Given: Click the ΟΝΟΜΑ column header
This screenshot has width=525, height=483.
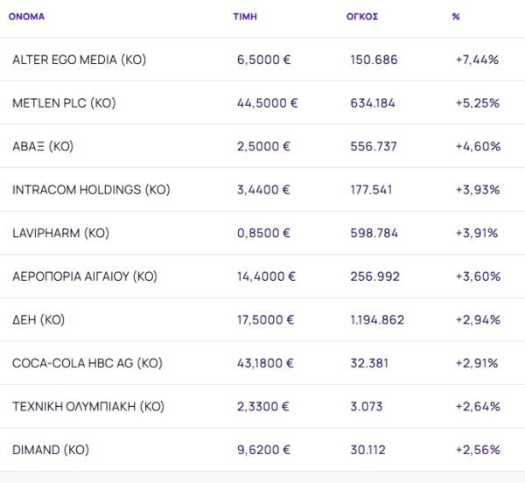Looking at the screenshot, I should tap(26, 17).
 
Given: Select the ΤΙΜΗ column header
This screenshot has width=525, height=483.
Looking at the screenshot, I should tap(245, 17).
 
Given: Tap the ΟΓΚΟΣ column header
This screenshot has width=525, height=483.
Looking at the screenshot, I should tap(362, 17).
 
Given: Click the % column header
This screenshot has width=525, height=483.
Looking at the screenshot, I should tap(456, 17).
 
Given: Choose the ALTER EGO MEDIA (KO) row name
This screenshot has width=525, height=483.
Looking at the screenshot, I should tap(79, 59).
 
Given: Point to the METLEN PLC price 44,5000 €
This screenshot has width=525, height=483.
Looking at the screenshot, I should tap(267, 103).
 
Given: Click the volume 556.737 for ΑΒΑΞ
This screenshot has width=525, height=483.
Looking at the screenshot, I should tap(374, 146).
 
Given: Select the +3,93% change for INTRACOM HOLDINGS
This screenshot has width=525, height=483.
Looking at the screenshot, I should tap(477, 190).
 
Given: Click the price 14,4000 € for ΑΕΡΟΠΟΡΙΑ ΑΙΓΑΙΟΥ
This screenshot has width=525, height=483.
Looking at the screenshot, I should tap(266, 276).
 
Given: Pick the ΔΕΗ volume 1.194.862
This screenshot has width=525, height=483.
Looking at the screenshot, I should tap(377, 319).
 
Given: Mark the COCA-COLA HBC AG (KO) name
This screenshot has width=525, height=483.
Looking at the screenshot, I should tap(87, 363).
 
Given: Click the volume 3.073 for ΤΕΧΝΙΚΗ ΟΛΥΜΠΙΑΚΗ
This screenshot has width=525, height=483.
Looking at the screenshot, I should tap(367, 406).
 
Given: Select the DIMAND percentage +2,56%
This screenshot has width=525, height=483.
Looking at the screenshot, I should tap(478, 450).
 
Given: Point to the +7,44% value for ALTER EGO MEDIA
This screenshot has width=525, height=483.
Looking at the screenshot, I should tap(477, 59).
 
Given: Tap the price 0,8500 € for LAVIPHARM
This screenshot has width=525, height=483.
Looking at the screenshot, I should tap(263, 233).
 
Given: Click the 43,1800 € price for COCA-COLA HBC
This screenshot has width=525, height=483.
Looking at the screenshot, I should tap(266, 363).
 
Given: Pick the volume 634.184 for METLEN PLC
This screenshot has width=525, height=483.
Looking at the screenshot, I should tap(373, 103).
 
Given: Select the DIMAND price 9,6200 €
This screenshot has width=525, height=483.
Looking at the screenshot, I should tap(263, 450).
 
